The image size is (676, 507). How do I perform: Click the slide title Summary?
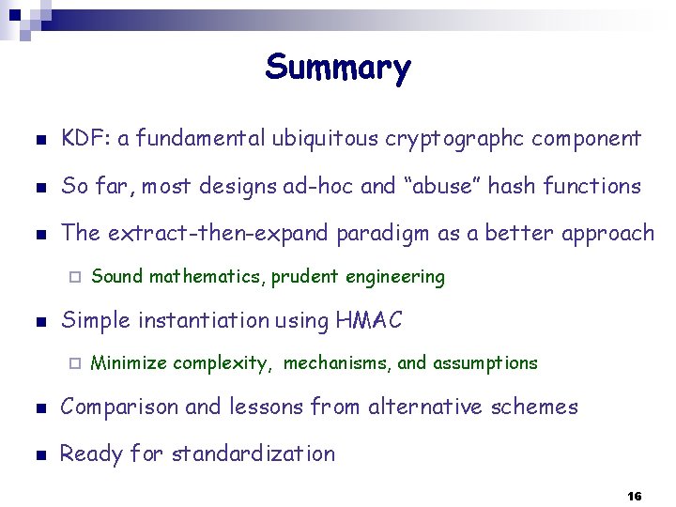click(x=338, y=68)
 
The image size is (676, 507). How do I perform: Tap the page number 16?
click(x=635, y=495)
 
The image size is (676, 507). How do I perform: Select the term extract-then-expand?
click(x=213, y=233)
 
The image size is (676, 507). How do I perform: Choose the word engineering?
click(x=395, y=276)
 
